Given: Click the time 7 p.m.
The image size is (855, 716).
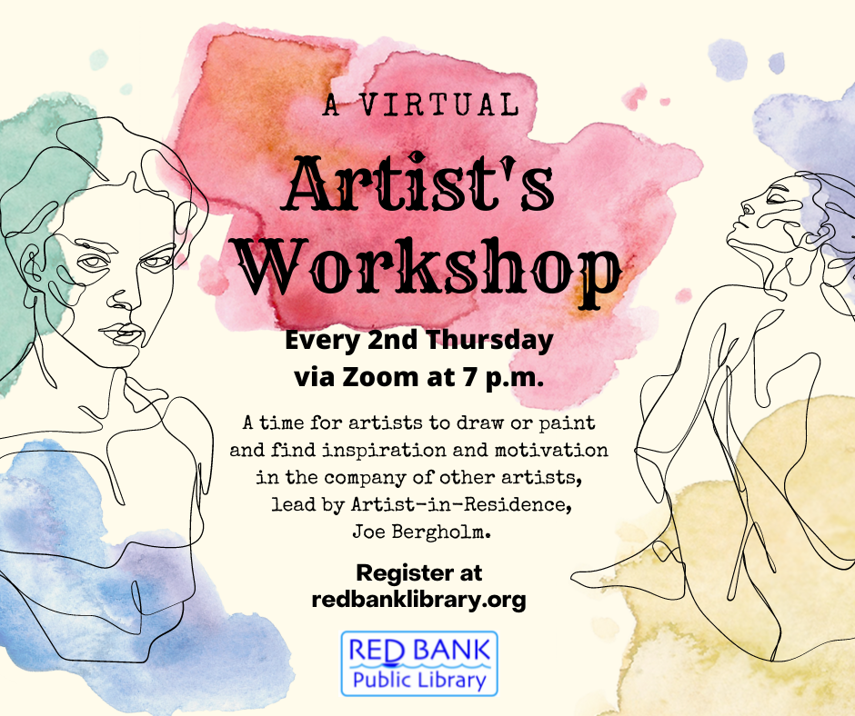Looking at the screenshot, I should coord(498,375).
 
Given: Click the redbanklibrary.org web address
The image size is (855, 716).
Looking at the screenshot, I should coord(418,600).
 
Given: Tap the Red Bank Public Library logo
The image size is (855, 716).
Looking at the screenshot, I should coord(419,663).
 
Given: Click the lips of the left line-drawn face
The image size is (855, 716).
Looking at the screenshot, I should coord(117,331).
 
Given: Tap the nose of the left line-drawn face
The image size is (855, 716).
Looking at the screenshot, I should coord(127,296).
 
